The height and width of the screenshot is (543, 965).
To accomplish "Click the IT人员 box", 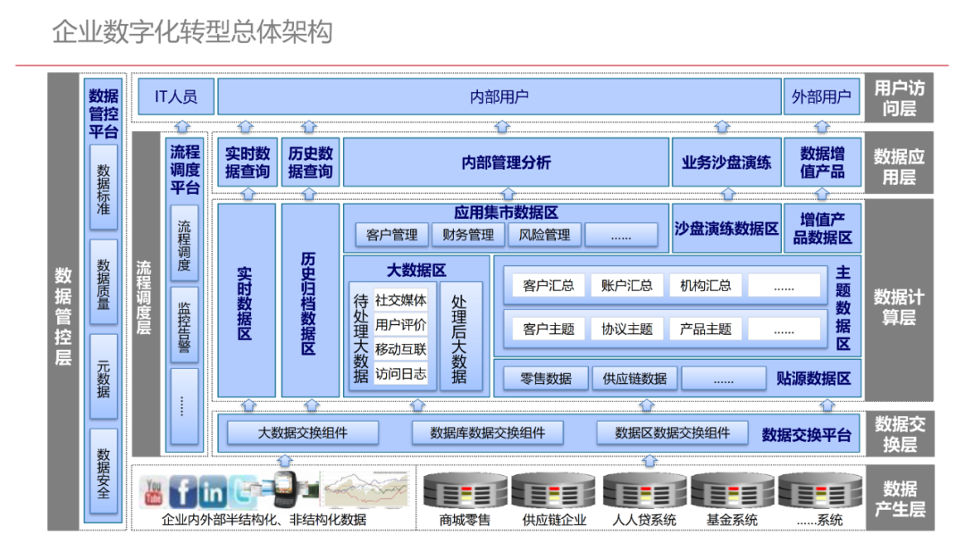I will pyautogui.click(x=176, y=96).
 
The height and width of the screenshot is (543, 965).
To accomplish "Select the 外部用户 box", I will pyautogui.click(x=821, y=96).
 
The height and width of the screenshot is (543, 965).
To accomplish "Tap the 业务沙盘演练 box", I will pyautogui.click(x=726, y=163).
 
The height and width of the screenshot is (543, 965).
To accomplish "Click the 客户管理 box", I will pyautogui.click(x=391, y=235).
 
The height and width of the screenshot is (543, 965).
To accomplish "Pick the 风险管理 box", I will pyautogui.click(x=544, y=235).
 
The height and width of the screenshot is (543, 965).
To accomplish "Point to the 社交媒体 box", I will pyautogui.click(x=400, y=300).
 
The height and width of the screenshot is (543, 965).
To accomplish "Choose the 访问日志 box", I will pyautogui.click(x=400, y=373).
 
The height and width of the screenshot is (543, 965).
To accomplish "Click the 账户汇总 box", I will pyautogui.click(x=626, y=286).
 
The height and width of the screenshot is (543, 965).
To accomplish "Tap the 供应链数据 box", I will pyautogui.click(x=634, y=378).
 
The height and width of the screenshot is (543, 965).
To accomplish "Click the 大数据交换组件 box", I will pyautogui.click(x=302, y=433).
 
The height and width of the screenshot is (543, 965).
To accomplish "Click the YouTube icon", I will pyautogui.click(x=154, y=490).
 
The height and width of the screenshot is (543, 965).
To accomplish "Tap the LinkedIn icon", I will pyautogui.click(x=213, y=491).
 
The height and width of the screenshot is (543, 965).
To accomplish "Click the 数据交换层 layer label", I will pyautogui.click(x=899, y=433).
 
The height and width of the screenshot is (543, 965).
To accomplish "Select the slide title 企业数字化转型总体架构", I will pyautogui.click(x=192, y=32).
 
